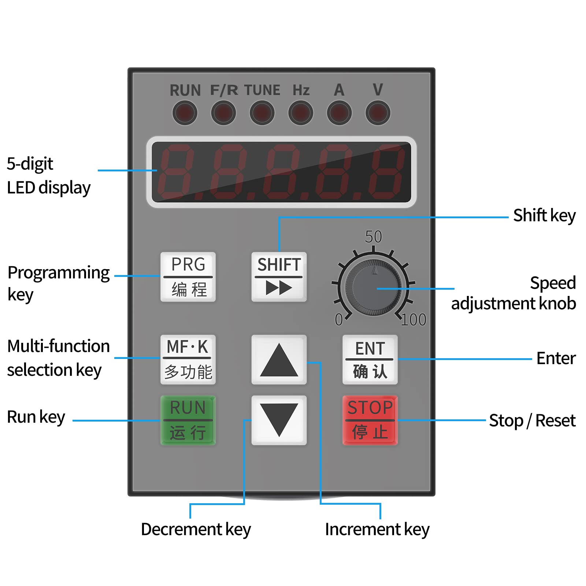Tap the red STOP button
pyautogui.click(x=370, y=420)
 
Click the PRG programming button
pyautogui.click(x=188, y=277)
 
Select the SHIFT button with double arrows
pyautogui.click(x=279, y=277)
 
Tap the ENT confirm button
pyautogui.click(x=370, y=359)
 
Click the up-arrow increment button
pyautogui.click(x=279, y=359)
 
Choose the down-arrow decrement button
pyautogui.click(x=279, y=420)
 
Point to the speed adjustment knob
pyautogui.click(x=373, y=288)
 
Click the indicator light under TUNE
pyautogui.click(x=262, y=113)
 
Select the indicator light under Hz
pyautogui.click(x=301, y=113)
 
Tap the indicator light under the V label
pyautogui.click(x=378, y=113)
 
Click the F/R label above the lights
pyautogui.click(x=224, y=90)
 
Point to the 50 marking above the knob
pyautogui.click(x=373, y=237)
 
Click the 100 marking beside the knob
pyautogui.click(x=413, y=320)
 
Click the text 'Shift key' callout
pyautogui.click(x=544, y=215)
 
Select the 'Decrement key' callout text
pyautogui.click(x=196, y=529)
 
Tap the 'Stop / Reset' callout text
pyautogui.click(x=532, y=420)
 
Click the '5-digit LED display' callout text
pyautogui.click(x=48, y=176)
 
